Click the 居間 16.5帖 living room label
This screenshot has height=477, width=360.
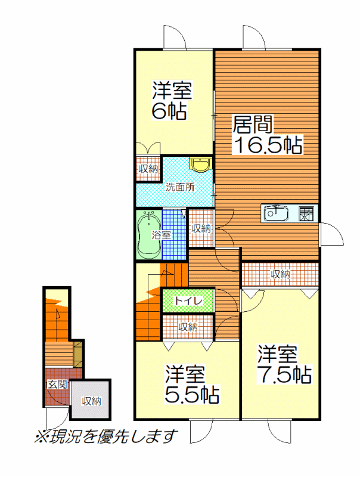click(x=268, y=135)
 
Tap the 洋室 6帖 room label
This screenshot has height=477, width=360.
click(x=172, y=100)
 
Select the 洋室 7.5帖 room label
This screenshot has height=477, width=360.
click(x=284, y=364)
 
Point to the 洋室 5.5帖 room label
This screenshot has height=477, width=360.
click(x=192, y=384)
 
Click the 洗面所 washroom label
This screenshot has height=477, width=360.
click(x=181, y=187)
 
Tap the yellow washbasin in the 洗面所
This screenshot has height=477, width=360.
click(x=200, y=165)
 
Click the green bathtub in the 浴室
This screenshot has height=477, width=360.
click(x=148, y=235)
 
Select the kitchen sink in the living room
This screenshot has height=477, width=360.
click(x=276, y=214)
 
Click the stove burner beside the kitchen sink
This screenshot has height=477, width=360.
click(x=306, y=214)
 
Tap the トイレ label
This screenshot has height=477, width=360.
click(x=188, y=301)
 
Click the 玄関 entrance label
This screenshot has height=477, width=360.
click(x=57, y=385)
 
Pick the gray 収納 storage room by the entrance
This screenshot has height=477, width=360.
click(x=91, y=399)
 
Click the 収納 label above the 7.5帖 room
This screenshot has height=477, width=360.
click(x=281, y=274)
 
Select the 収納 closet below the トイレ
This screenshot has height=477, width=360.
click(x=188, y=327)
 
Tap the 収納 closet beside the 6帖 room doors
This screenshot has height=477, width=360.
click(x=148, y=169)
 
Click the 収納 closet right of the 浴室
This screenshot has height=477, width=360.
click(x=201, y=228)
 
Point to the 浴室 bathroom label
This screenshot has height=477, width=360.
click(x=162, y=235)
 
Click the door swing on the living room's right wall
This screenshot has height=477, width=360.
click(x=331, y=234)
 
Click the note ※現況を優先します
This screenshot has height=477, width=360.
click(x=105, y=436)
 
